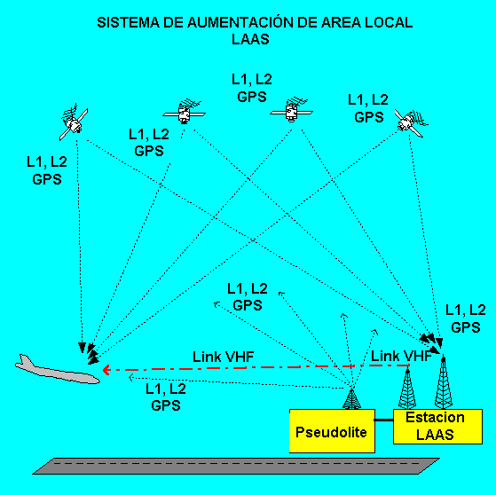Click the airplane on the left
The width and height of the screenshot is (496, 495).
coord(57,371)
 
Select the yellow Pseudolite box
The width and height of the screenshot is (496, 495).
coord(332,431)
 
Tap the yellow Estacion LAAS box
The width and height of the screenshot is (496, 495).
coord(437,427)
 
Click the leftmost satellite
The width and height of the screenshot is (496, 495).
coord(74,122)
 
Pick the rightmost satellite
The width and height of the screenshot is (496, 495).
coord(410,122)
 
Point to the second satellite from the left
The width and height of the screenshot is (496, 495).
coord(184,112)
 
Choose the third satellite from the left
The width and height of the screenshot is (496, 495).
coord(291,110)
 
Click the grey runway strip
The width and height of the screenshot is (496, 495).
coord(236,467)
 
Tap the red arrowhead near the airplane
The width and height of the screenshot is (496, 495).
coord(106,369)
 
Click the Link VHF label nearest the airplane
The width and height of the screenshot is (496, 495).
coord(224,357)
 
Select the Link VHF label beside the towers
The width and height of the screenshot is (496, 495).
coord(401,356)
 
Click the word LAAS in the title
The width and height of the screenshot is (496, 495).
coord(250,39)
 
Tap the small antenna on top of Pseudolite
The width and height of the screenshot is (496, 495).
coord(351,399)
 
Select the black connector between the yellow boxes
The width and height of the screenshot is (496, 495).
coord(384,420)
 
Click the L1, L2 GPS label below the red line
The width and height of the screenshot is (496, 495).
coord(166,397)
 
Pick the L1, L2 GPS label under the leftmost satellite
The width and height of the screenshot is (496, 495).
coord(47,170)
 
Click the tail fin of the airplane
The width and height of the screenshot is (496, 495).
coord(24,360)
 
